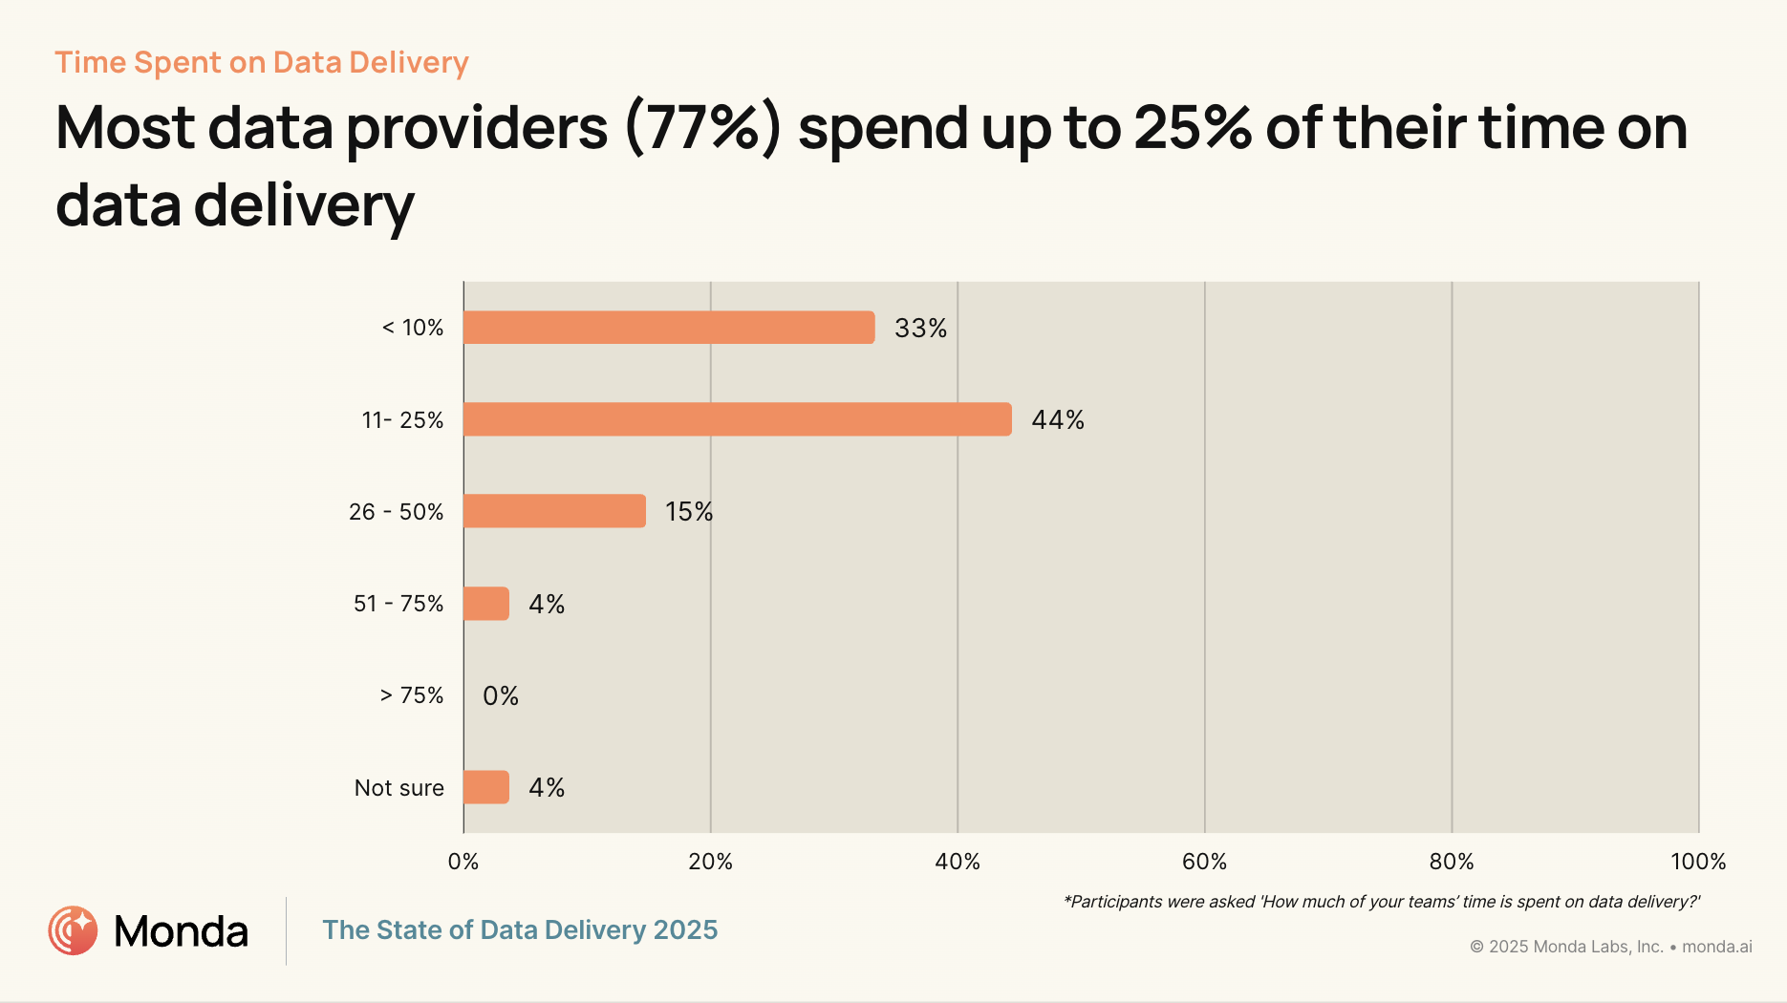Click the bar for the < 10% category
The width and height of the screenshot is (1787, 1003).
[669, 328]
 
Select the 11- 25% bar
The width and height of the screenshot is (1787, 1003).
[737, 419]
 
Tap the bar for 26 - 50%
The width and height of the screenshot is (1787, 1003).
[554, 511]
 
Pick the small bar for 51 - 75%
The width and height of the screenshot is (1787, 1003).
[486, 604]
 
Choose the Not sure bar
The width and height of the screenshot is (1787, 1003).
[486, 787]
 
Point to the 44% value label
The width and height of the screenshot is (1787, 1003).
[1058, 420]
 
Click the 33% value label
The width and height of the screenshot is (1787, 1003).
[920, 329]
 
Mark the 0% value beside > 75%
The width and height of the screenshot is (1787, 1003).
[501, 695]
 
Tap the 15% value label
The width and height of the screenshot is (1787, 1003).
[689, 512]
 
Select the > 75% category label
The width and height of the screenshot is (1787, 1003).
[412, 695]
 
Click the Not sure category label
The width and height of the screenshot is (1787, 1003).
[398, 788]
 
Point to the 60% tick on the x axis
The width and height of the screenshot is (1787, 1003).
[1204, 862]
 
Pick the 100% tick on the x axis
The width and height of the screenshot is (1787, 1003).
[1698, 862]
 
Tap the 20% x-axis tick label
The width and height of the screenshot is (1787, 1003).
[710, 862]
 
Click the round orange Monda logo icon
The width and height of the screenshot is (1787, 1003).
[73, 930]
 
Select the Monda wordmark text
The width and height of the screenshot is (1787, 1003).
[181, 931]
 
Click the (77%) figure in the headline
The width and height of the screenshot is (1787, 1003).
[703, 128]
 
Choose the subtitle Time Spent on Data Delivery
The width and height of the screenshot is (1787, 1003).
[262, 62]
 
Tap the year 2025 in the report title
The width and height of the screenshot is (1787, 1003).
[685, 929]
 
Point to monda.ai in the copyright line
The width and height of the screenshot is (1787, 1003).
[1717, 947]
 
